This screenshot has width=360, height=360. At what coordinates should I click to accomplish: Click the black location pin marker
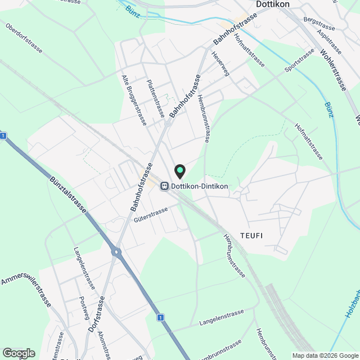[x=180, y=170]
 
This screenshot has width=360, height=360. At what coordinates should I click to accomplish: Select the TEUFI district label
[x=251, y=235]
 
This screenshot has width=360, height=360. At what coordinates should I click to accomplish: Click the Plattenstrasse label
[x=155, y=98]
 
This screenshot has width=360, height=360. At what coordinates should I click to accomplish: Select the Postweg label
[x=85, y=307]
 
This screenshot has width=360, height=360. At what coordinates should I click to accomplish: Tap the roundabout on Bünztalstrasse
[x=117, y=252]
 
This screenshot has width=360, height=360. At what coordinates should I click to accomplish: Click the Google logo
[x=19, y=353]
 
